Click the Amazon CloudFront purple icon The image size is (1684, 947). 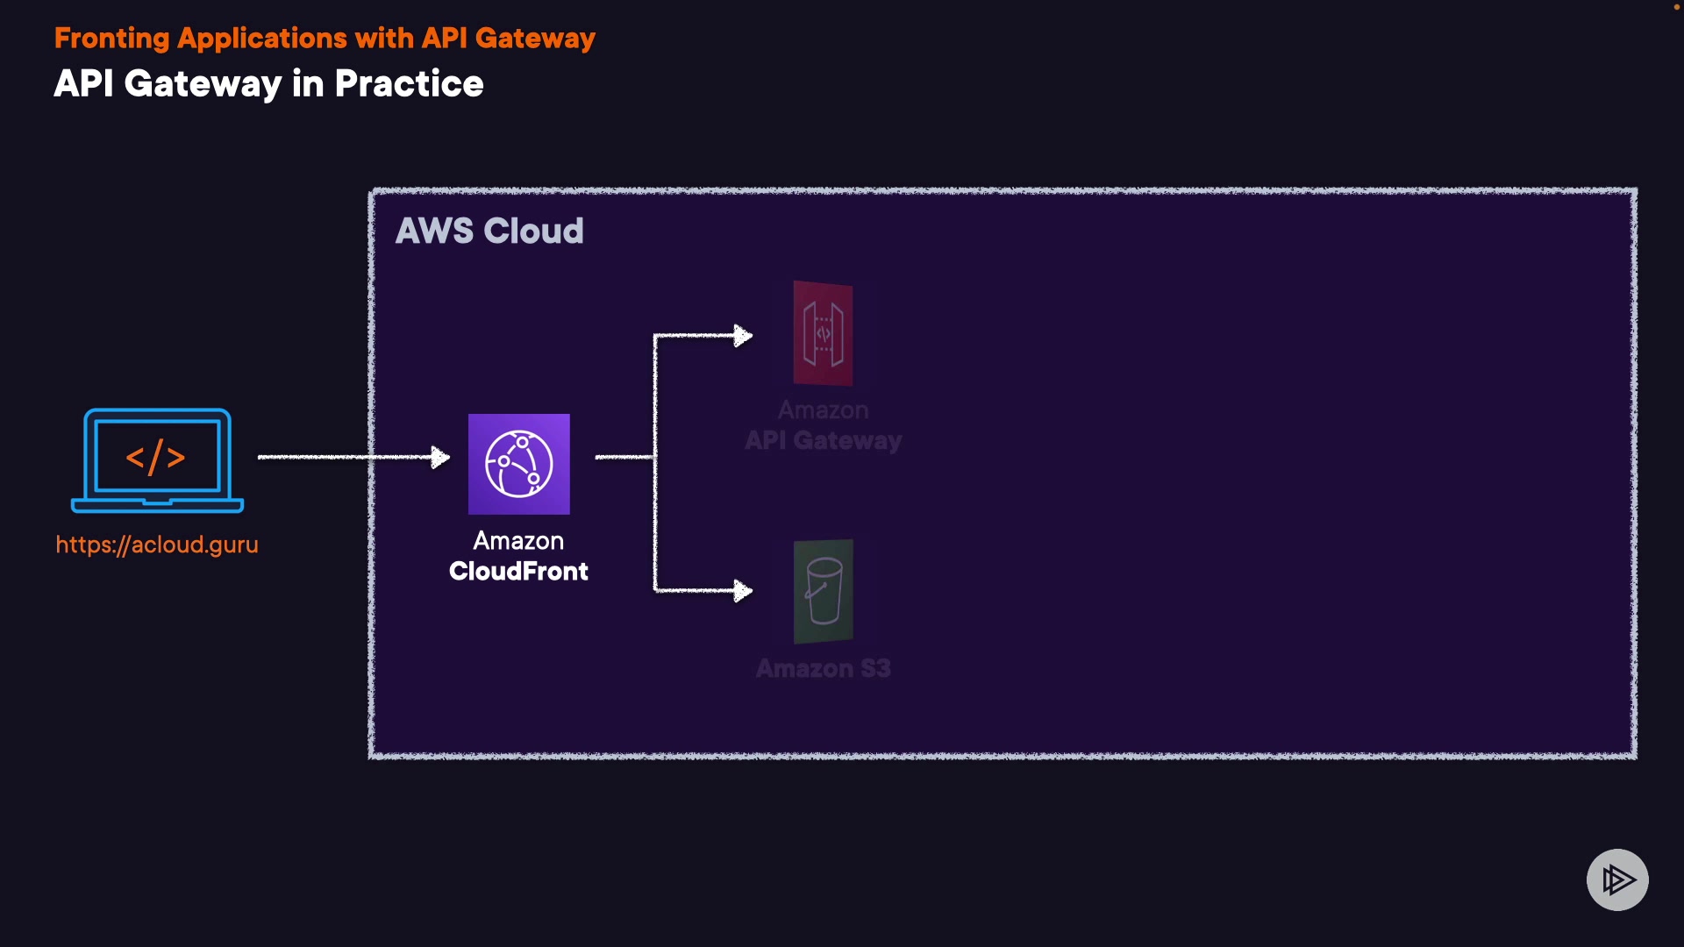click(x=519, y=464)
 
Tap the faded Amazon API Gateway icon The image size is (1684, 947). click(x=823, y=333)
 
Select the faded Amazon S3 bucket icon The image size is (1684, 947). click(x=823, y=591)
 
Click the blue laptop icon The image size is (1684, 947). click(x=157, y=460)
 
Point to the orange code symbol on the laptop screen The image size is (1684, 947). click(x=155, y=457)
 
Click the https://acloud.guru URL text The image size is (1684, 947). click(x=157, y=545)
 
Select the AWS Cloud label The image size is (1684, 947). click(x=489, y=231)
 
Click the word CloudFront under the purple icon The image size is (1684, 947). click(x=518, y=571)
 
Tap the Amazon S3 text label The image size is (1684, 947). click(x=823, y=668)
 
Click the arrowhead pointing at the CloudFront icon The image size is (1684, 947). click(x=440, y=457)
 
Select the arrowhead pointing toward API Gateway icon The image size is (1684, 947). click(x=743, y=336)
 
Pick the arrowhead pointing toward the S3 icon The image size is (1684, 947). click(x=743, y=591)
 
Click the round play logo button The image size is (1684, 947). click(x=1617, y=879)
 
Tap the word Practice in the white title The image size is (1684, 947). click(x=409, y=83)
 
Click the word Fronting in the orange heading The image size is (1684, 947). click(x=111, y=39)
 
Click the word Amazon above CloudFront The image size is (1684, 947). click(x=518, y=540)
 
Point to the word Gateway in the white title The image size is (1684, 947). click(x=203, y=85)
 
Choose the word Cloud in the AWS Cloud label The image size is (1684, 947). click(x=533, y=231)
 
